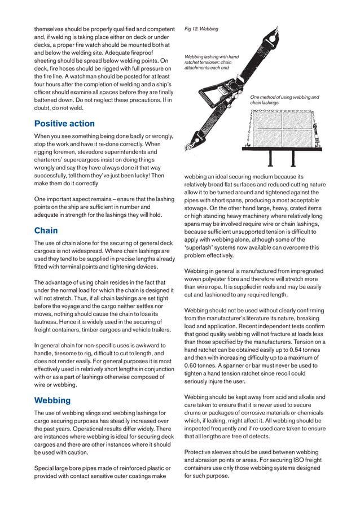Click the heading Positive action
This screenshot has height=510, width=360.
pyautogui.click(x=64, y=124)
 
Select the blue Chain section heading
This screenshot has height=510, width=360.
pyautogui.click(x=46, y=230)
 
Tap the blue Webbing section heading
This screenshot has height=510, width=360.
pyautogui.click(x=52, y=400)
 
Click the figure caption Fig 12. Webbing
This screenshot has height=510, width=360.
pyautogui.click(x=201, y=28)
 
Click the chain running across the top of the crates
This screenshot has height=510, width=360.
pyautogui.click(x=282, y=110)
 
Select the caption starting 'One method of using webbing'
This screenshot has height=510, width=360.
pyautogui.click(x=284, y=100)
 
